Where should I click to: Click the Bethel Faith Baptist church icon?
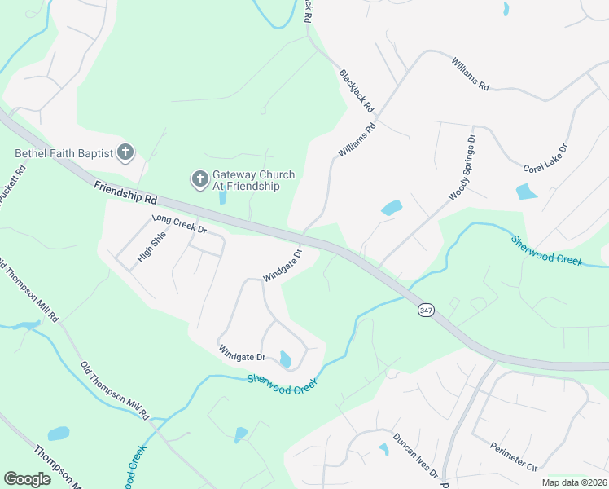pyautogui.click(x=125, y=152)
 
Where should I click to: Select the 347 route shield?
pyautogui.click(x=425, y=311)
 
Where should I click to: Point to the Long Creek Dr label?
pyautogui.click(x=179, y=224)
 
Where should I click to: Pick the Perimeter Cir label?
pyautogui.click(x=514, y=456)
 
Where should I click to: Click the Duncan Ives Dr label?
pyautogui.click(x=414, y=455)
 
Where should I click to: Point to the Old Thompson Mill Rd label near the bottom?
pyautogui.click(x=115, y=391)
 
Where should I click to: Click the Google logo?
pyautogui.click(x=27, y=479)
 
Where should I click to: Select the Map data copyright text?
pyautogui.click(x=574, y=482)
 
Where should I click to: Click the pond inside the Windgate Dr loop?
pyautogui.click(x=285, y=359)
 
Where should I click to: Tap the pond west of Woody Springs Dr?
pyautogui.click(x=392, y=208)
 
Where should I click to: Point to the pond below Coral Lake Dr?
pyautogui.click(x=527, y=192)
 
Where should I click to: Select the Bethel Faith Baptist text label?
pyautogui.click(x=64, y=152)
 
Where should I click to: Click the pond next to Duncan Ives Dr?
pyautogui.click(x=383, y=448)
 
